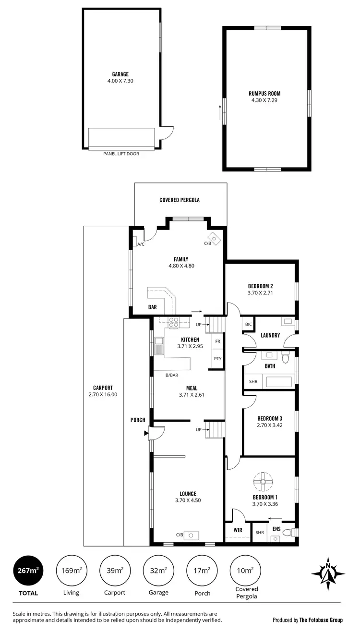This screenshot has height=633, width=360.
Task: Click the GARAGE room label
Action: point(120,74)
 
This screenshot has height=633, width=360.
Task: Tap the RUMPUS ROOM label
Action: point(264,94)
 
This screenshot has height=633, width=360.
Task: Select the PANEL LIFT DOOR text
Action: point(121,154)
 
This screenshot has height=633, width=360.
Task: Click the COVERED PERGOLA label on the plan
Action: point(179,200)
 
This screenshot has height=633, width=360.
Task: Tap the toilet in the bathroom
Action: point(286,358)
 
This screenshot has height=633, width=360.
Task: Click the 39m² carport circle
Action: point(115,571)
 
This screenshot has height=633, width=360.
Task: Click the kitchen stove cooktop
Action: point(173,323)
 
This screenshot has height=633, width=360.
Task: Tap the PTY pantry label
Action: point(217,358)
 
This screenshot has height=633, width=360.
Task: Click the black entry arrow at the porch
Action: point(146,433)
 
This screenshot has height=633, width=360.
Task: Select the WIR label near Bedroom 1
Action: point(237,530)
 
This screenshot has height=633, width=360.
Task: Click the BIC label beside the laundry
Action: point(248,325)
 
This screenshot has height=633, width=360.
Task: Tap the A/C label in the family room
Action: point(141,244)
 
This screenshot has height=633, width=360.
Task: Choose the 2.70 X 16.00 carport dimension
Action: point(103,394)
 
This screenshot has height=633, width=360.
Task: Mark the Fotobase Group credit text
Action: point(307,620)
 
